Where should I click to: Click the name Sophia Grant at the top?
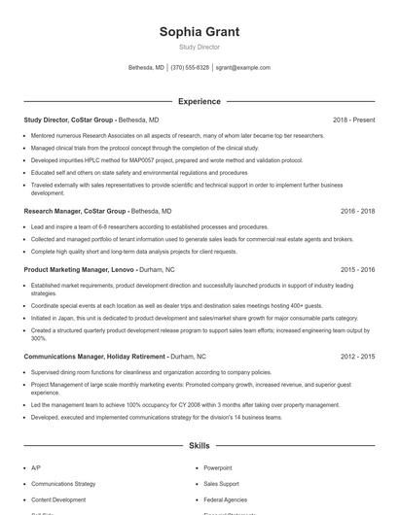pyautogui.click(x=199, y=31)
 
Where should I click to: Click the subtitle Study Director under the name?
pyautogui.click(x=199, y=47)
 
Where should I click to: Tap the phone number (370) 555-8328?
pyautogui.click(x=190, y=68)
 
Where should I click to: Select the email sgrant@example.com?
pyautogui.click(x=243, y=68)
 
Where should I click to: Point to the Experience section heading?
pyautogui.click(x=199, y=101)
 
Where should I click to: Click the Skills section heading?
pyautogui.click(x=199, y=446)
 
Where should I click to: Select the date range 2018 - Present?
pyautogui.click(x=353, y=120)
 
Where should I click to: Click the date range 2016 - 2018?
pyautogui.click(x=358, y=211)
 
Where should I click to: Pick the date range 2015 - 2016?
pyautogui.click(x=358, y=269)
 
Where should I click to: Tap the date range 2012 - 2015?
pyautogui.click(x=358, y=357)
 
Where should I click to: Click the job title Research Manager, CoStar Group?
pyautogui.click(x=75, y=211)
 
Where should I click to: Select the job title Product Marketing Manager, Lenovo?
pyautogui.click(x=80, y=269)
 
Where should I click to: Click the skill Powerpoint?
pyautogui.click(x=218, y=467)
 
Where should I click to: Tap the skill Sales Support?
pyautogui.click(x=221, y=483)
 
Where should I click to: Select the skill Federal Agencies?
pyautogui.click(x=225, y=499)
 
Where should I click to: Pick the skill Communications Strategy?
pyautogui.click(x=63, y=483)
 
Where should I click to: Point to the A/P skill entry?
pyautogui.click(x=36, y=467)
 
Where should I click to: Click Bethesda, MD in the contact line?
pyautogui.click(x=146, y=68)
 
